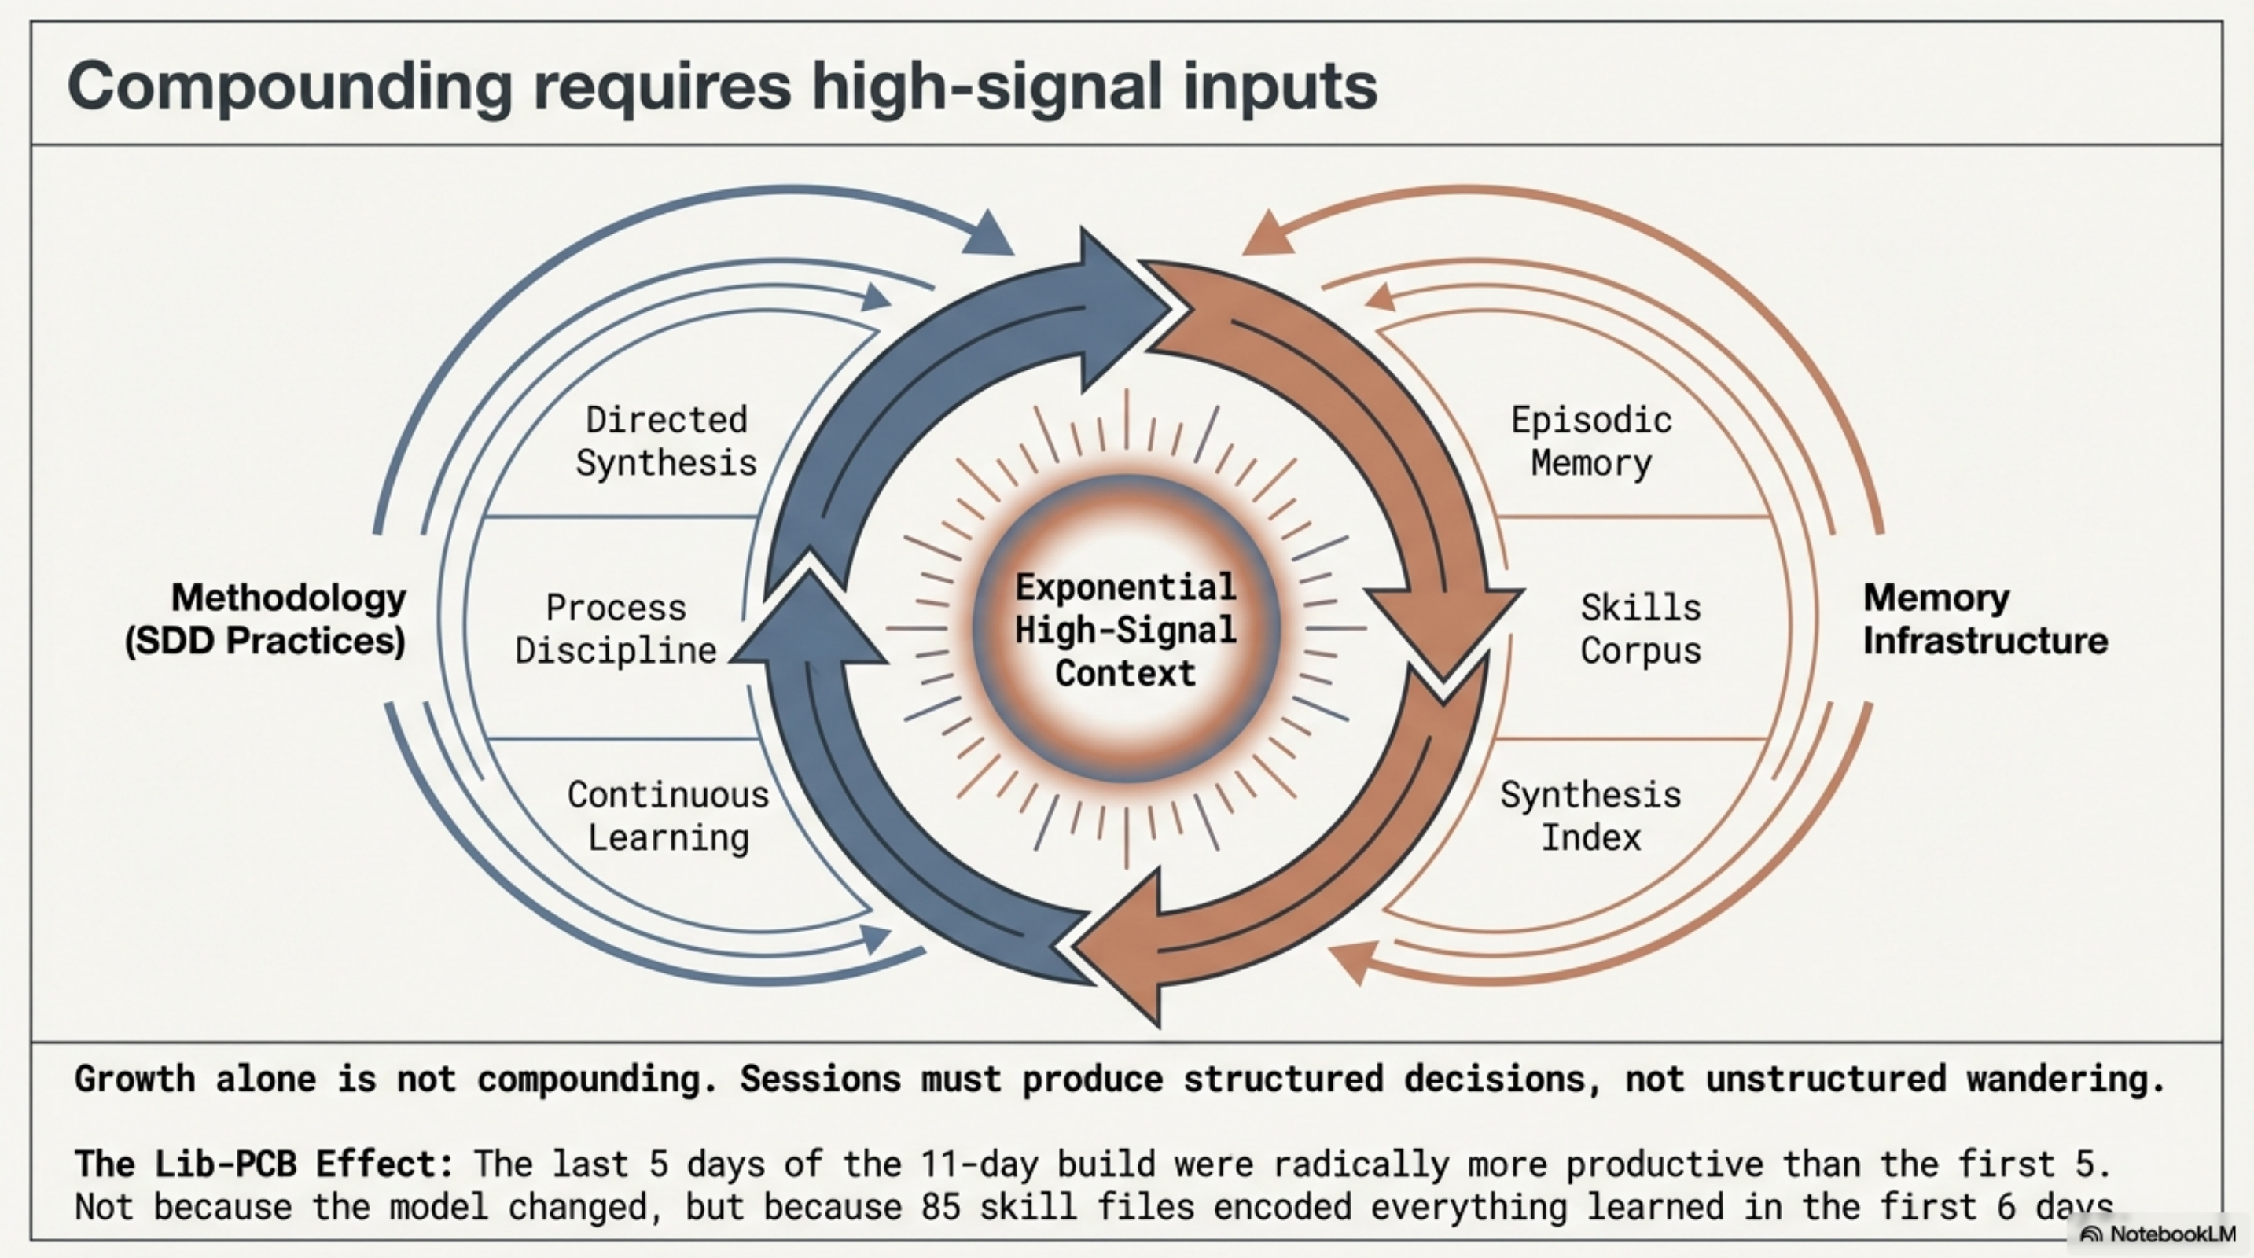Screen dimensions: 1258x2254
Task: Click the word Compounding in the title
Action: tap(289, 87)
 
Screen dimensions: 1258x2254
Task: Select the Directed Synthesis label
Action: tap(666, 442)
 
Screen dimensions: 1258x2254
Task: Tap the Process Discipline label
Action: tap(616, 629)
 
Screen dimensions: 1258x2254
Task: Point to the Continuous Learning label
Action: tap(668, 816)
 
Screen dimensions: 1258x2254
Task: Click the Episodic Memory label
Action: tap(1591, 442)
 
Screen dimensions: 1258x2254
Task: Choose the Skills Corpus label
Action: tap(1641, 629)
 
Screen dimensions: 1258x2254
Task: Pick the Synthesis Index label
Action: tap(1590, 816)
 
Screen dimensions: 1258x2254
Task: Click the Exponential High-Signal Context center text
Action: tap(1126, 630)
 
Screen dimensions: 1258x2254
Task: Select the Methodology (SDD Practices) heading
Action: tap(265, 620)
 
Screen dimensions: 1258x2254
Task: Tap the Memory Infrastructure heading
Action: tap(1984, 620)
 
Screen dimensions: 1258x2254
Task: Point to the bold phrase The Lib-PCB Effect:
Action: tap(264, 1164)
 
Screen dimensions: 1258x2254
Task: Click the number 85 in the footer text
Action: tap(940, 1207)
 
